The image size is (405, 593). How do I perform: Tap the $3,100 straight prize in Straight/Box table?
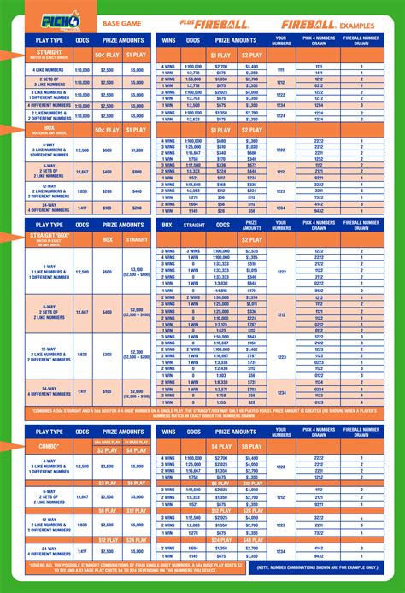[x=136, y=271]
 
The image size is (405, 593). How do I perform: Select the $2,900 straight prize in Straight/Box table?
[x=136, y=311]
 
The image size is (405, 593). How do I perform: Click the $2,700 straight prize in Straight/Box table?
[x=136, y=353]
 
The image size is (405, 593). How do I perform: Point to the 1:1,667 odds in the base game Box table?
[x=82, y=171]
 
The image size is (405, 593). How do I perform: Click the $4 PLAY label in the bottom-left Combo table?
[x=136, y=449]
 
